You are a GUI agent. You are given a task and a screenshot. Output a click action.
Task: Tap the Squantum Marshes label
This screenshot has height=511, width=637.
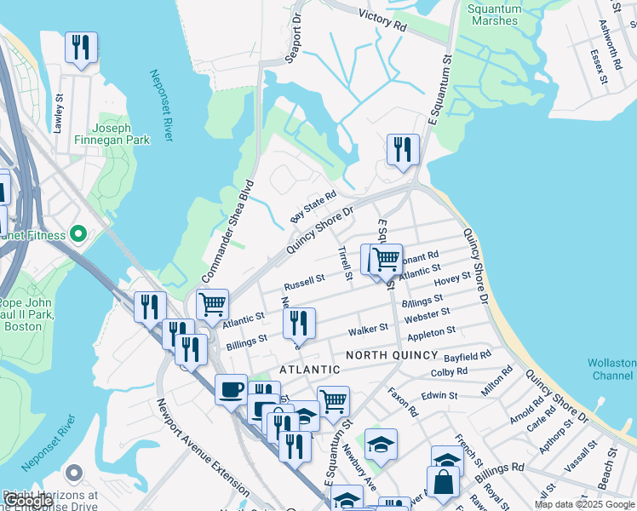[x=494, y=15]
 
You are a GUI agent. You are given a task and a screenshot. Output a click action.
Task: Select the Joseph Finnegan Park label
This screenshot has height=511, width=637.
[x=112, y=132]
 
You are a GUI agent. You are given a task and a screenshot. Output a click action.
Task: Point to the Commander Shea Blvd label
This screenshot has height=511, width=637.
[x=227, y=232]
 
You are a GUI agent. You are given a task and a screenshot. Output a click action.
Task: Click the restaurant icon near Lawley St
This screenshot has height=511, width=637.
[x=81, y=48]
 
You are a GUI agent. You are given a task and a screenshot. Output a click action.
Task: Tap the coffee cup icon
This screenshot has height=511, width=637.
[x=230, y=390]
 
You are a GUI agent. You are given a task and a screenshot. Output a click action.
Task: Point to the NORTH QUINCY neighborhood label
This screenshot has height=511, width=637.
[x=392, y=354]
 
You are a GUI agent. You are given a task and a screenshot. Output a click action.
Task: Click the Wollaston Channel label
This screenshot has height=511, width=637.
[x=611, y=369]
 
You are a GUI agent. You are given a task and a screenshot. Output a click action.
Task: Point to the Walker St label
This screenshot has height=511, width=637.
[x=368, y=328]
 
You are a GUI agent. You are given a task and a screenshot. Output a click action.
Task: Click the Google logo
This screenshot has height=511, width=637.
[x=28, y=501]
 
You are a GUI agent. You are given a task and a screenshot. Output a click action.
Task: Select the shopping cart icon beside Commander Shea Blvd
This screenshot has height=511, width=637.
[x=212, y=304]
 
